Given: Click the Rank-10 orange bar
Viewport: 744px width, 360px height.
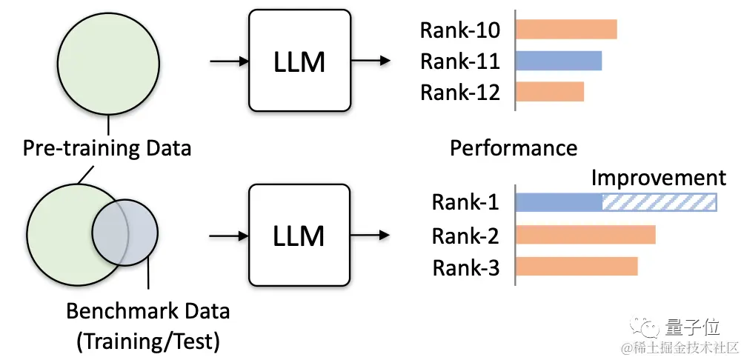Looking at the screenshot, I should (567, 29).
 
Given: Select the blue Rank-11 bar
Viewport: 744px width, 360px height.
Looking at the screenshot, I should (559, 60).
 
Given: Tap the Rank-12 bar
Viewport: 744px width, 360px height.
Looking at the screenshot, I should (551, 92).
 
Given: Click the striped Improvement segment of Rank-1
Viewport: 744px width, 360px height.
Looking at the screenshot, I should (659, 203).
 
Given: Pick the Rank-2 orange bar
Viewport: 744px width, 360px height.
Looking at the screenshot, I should (585, 235).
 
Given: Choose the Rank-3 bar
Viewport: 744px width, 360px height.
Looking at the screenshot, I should (577, 267).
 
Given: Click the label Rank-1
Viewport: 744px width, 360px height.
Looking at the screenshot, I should (465, 203).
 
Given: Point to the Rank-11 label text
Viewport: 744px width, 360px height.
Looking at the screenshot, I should (459, 61).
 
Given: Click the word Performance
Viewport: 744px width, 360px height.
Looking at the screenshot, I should (514, 147).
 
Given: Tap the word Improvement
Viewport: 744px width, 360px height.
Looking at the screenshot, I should (658, 178).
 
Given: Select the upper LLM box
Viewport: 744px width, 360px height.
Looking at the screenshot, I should (299, 61).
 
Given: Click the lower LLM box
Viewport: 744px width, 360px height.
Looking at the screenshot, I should (299, 236).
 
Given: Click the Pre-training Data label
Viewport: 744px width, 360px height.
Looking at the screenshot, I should (107, 147).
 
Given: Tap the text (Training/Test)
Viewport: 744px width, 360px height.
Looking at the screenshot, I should (147, 341).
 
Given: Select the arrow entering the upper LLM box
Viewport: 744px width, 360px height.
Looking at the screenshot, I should (229, 61).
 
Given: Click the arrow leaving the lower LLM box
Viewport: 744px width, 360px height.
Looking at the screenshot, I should (371, 236).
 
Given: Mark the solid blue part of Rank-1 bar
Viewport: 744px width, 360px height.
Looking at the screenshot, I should (559, 203).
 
